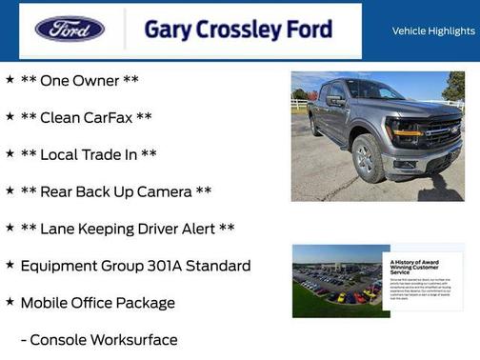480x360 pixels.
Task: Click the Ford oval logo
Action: click(x=70, y=29)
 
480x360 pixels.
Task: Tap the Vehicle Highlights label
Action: click(x=433, y=31)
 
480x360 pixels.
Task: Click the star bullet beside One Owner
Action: click(x=10, y=80)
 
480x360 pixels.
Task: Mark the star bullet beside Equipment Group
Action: click(x=10, y=265)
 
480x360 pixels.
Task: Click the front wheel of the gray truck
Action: click(x=368, y=159)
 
